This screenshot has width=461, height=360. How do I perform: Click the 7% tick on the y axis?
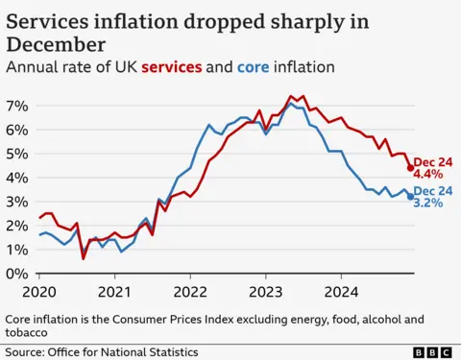[17, 105]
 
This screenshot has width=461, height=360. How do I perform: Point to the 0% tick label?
[17, 274]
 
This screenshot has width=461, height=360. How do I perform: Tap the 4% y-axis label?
[17, 177]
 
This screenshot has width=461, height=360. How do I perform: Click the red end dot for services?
[411, 168]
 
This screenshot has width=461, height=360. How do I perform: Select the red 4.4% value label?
[428, 175]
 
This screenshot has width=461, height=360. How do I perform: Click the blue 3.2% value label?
[428, 204]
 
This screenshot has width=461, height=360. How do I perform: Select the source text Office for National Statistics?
[131, 352]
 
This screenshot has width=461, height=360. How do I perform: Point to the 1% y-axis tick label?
[17, 250]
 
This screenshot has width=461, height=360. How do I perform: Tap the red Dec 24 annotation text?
[431, 160]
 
